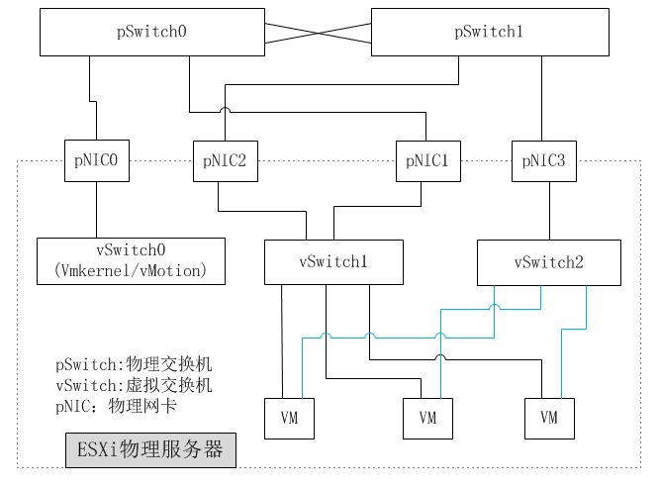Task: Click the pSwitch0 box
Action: pyautogui.click(x=151, y=33)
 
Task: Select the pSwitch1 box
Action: pyautogui.click(x=489, y=33)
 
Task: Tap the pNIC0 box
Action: pyautogui.click(x=96, y=159)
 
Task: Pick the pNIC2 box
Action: pyautogui.click(x=225, y=159)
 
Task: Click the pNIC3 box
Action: pyautogui.click(x=543, y=159)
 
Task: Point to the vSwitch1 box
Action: pyautogui.click(x=333, y=261)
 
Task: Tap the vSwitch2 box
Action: pyautogui.click(x=548, y=261)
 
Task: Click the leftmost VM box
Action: pyautogui.click(x=289, y=418)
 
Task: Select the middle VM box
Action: pyautogui.click(x=427, y=418)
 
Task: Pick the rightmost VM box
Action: pyautogui.click(x=549, y=418)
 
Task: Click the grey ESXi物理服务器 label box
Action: pyautogui.click(x=150, y=450)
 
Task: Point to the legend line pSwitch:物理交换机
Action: pyautogui.click(x=135, y=364)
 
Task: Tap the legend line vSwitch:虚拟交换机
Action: pyautogui.click(x=135, y=385)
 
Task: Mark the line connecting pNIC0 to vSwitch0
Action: pyautogui.click(x=96, y=210)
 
